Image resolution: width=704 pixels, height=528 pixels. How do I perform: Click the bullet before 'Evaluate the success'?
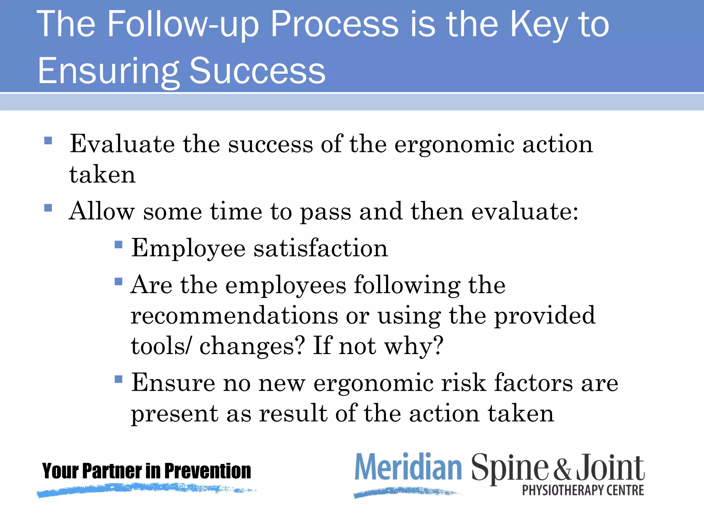[48, 140]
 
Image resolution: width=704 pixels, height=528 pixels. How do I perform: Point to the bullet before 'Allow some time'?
[48, 208]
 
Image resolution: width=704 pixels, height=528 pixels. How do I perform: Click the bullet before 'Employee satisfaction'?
[119, 244]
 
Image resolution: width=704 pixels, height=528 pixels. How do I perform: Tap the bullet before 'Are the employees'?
[119, 282]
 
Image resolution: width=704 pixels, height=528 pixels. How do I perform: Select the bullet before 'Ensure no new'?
[119, 379]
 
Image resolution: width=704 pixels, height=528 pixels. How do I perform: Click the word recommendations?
[234, 315]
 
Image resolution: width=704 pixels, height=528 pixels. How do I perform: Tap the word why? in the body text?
[414, 346]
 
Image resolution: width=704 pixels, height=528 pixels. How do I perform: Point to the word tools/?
[160, 346]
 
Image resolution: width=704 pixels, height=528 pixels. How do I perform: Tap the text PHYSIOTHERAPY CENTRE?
[583, 490]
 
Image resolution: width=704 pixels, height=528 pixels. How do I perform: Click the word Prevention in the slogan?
[208, 471]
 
